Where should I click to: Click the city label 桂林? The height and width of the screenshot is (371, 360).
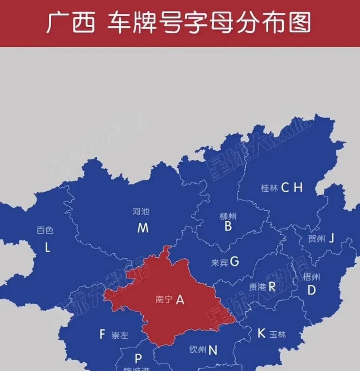(269, 188)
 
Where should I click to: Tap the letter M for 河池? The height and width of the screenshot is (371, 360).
(143, 228)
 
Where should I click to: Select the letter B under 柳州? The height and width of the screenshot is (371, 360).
(228, 226)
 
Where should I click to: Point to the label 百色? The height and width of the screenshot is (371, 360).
(45, 230)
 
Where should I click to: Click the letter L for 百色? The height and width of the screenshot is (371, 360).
(47, 248)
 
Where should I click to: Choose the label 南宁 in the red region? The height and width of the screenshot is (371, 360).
(164, 299)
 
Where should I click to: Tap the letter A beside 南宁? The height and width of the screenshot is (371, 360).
(180, 299)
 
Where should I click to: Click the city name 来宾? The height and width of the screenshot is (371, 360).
(220, 263)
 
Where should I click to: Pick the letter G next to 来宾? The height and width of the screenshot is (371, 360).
(234, 262)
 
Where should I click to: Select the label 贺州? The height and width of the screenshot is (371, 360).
(316, 239)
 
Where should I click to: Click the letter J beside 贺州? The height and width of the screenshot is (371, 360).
(331, 238)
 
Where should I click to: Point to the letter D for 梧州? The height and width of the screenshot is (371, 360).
(311, 290)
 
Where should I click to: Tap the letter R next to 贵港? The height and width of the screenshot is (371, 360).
(272, 287)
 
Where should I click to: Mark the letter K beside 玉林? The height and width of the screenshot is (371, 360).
(261, 333)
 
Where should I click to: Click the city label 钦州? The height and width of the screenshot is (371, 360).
(198, 350)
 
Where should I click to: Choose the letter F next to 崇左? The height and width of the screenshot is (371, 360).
(102, 334)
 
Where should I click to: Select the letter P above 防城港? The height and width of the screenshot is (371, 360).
(138, 359)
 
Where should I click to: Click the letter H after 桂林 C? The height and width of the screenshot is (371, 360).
(298, 188)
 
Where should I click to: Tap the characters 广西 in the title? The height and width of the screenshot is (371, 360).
(70, 23)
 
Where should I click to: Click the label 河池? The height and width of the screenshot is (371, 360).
(141, 212)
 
